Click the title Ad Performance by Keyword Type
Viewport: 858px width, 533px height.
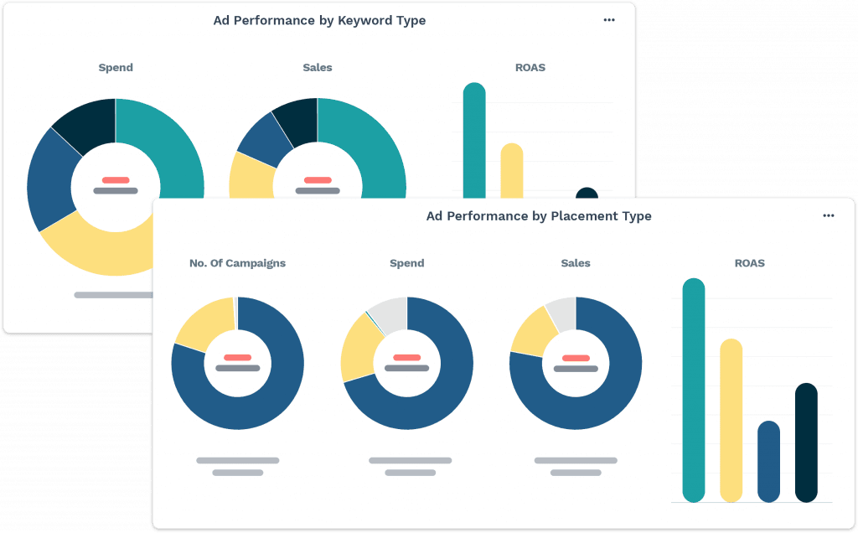pyautogui.click(x=319, y=21)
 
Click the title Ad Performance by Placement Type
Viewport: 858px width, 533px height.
pyautogui.click(x=539, y=216)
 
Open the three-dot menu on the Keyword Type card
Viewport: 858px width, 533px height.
pyautogui.click(x=609, y=20)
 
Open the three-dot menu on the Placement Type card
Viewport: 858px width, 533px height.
pyautogui.click(x=828, y=216)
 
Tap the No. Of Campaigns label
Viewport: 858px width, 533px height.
pyautogui.click(x=237, y=263)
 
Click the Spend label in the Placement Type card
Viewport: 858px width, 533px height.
pyautogui.click(x=406, y=263)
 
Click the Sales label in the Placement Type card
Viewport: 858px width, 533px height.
pyautogui.click(x=576, y=263)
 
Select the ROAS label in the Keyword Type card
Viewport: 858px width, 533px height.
pyautogui.click(x=530, y=67)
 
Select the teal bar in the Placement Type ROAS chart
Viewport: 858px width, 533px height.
pyautogui.click(x=694, y=390)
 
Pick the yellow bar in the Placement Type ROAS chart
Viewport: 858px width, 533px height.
pyautogui.click(x=731, y=419)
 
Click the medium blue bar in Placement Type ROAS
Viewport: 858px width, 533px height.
pyautogui.click(x=768, y=461)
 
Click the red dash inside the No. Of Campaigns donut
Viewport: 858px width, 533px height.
pyautogui.click(x=237, y=357)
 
